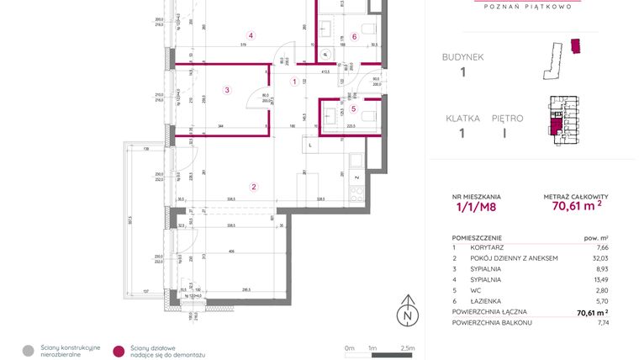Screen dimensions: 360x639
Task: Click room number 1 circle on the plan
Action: (294, 82)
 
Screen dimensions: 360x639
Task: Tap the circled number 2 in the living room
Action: (254, 187)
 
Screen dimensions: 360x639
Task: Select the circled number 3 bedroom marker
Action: (227, 89)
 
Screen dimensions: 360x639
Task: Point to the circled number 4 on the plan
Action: (251, 35)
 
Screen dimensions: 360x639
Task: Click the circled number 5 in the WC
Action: (354, 109)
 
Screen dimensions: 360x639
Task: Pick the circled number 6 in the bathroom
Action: (355, 36)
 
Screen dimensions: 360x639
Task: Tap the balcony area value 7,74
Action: (599, 322)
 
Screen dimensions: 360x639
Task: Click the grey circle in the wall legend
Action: (29, 349)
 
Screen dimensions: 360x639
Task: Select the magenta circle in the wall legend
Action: (119, 349)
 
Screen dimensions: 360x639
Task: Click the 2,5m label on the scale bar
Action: (409, 347)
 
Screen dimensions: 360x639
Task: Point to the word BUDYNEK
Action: (462, 57)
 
